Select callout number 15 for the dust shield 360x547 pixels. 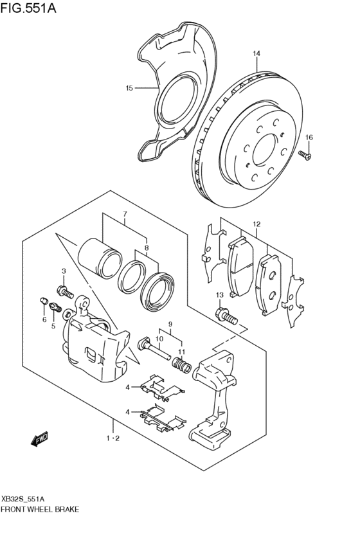pos(129,88)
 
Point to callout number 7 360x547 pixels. pos(125,213)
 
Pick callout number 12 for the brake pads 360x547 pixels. pos(256,224)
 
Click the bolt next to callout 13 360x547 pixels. pos(226,316)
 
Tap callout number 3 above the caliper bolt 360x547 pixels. pos(64,271)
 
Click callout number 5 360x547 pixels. pos(54,326)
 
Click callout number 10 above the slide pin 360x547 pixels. pos(159,338)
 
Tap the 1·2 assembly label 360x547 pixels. pos(113,439)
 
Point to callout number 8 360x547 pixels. pos(147,247)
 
